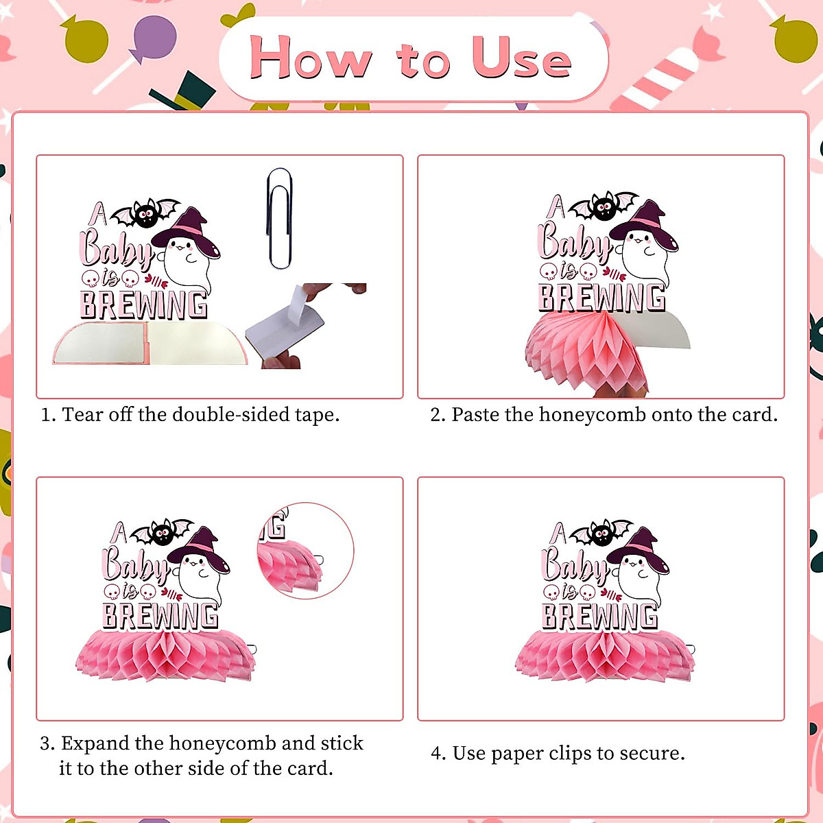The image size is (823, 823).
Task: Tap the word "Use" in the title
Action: pos(521,58)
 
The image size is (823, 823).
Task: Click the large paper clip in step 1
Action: pos(279,218)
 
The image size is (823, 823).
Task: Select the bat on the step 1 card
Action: pos(145,213)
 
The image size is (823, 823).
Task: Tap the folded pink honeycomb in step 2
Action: pos(586,350)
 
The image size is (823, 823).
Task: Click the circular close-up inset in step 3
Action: pos(306,551)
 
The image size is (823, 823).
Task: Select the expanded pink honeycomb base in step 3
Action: pos(165,656)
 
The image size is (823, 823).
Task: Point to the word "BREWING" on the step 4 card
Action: pos(599,616)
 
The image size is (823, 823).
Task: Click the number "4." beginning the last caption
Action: pos(438,753)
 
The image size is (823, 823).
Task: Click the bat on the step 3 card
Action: pos(162,532)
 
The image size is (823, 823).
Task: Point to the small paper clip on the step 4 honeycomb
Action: pos(689,649)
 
